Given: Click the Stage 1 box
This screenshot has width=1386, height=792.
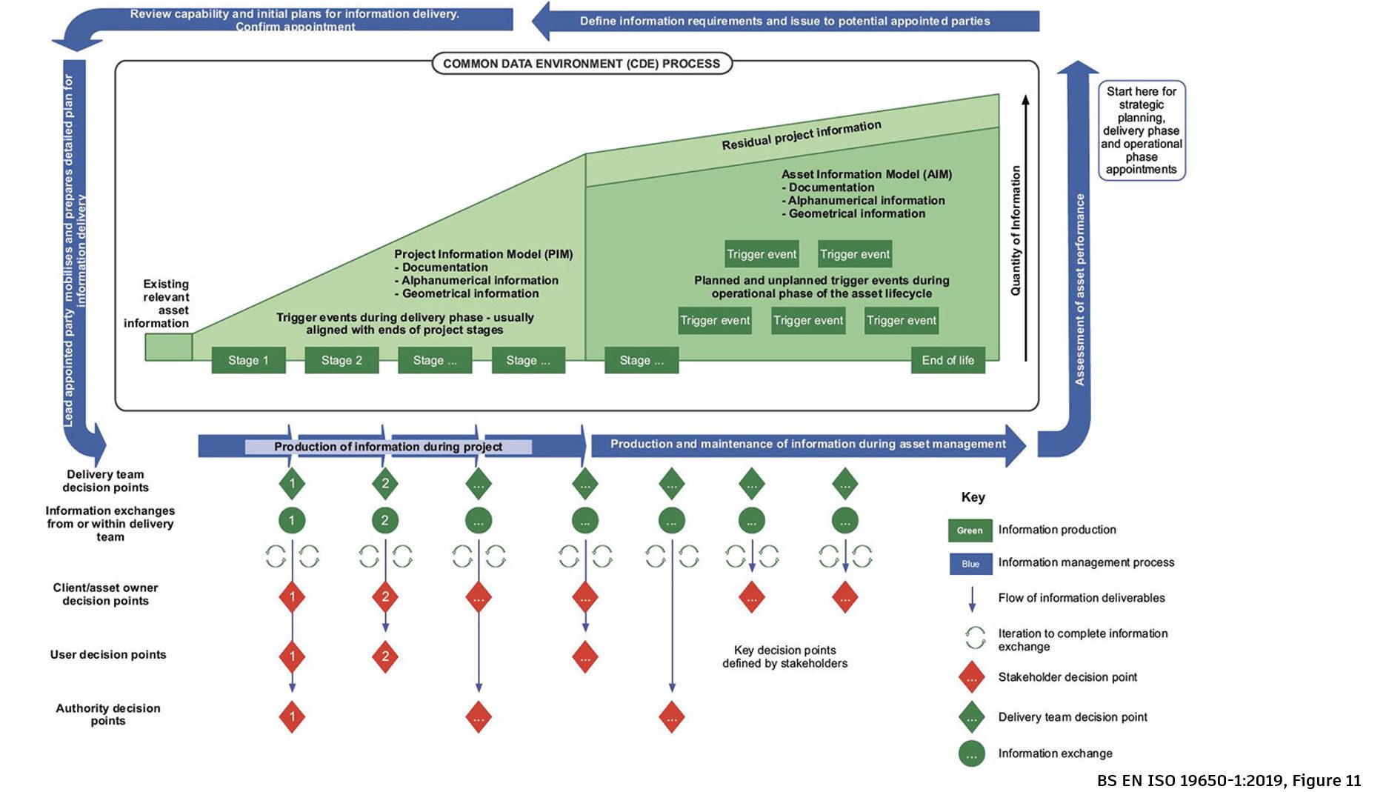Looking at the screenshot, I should (248, 360).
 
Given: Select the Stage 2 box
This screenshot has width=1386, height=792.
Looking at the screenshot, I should (341, 360).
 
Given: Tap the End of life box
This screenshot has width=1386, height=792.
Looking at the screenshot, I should (947, 360).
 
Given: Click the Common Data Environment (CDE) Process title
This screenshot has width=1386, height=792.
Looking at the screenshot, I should (582, 64).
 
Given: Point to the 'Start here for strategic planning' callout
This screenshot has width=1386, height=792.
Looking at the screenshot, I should (1141, 130).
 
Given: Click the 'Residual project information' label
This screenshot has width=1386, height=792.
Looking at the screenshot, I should (802, 135).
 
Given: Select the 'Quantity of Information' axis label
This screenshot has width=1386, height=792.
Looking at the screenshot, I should (1016, 230).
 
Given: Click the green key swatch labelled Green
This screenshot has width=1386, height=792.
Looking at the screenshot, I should (969, 530).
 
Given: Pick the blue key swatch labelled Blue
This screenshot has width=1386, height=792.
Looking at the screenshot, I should (970, 564).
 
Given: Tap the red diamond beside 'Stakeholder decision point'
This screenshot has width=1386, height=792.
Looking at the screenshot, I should (971, 678).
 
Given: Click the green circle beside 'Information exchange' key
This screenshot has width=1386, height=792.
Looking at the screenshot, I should (971, 754).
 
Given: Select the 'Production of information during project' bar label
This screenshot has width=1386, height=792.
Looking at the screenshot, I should (388, 447).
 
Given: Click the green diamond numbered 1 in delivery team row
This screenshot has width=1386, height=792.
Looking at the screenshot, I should (292, 484).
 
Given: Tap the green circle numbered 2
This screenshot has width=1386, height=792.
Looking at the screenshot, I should (384, 520).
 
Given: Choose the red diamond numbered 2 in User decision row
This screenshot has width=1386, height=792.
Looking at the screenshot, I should (384, 656).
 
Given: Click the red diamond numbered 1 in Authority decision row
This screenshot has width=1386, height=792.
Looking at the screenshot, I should (292, 716).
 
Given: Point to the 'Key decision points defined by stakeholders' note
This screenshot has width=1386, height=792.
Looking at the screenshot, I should (784, 656).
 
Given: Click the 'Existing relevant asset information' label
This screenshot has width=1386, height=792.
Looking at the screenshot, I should (157, 304).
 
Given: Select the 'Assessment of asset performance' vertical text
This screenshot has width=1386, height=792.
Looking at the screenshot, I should (1079, 289).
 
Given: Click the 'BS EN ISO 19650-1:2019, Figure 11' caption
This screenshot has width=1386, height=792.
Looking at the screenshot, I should (1228, 780).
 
